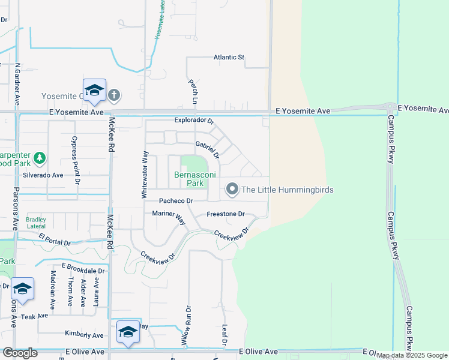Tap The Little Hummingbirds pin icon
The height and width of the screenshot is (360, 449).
pyautogui.click(x=232, y=190)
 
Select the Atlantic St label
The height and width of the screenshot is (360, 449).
pyautogui.click(x=229, y=58)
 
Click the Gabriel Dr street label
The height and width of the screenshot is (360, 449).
pyautogui.click(x=208, y=150)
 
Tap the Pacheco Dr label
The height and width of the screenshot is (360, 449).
pyautogui.click(x=175, y=201)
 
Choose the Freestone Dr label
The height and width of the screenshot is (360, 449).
pyautogui.click(x=226, y=214)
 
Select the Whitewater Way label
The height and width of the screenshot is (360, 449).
pyautogui.click(x=144, y=175)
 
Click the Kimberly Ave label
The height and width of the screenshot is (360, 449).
pyautogui.click(x=84, y=335)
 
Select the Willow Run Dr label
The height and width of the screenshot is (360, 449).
pyautogui.click(x=186, y=328)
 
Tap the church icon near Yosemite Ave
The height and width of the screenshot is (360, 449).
pyautogui.click(x=114, y=95)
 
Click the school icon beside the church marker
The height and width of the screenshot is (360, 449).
pyautogui.click(x=94, y=91)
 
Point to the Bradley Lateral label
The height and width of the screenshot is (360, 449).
pyautogui.click(x=36, y=223)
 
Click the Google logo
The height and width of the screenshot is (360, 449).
pyautogui.click(x=20, y=353)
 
